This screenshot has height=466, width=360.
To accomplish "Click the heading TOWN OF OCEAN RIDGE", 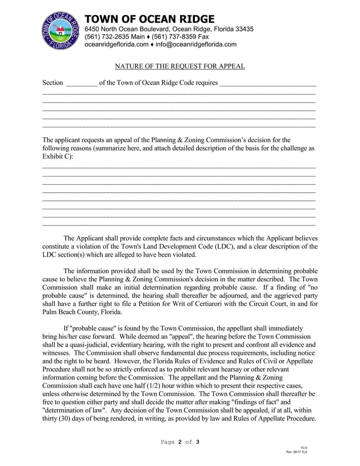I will coord(150,19).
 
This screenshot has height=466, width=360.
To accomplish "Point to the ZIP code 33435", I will coord(244,29).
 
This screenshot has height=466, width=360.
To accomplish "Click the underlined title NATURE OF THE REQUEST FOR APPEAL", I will coord(180,66).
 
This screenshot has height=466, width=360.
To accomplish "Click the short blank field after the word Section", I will coord(81,83).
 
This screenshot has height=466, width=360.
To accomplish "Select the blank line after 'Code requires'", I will coord(268,83).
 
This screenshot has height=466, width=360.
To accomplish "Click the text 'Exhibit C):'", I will coord(58,156).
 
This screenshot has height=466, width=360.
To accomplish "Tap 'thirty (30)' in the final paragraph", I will coord(57,418).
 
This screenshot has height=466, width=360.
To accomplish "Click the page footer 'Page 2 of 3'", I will coord(180,442).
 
